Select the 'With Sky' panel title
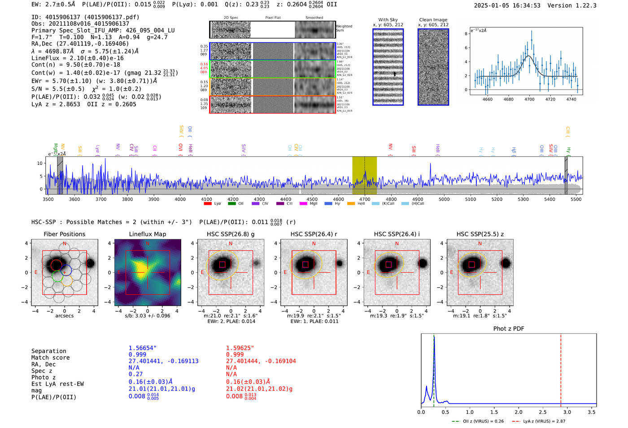(388, 20)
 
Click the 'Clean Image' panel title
(433, 20)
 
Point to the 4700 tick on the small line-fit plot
(529, 99)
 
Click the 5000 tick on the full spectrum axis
(444, 199)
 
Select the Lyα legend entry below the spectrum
(213, 203)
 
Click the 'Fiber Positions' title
(64, 234)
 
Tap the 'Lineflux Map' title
(147, 234)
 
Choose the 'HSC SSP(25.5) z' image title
(480, 234)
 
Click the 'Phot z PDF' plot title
(508, 329)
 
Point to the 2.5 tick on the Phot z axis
(543, 412)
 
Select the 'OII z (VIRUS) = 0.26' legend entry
(478, 421)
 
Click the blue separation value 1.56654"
(143, 348)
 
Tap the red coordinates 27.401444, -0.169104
(261, 361)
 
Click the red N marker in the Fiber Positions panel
(65, 244)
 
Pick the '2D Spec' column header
(231, 18)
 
